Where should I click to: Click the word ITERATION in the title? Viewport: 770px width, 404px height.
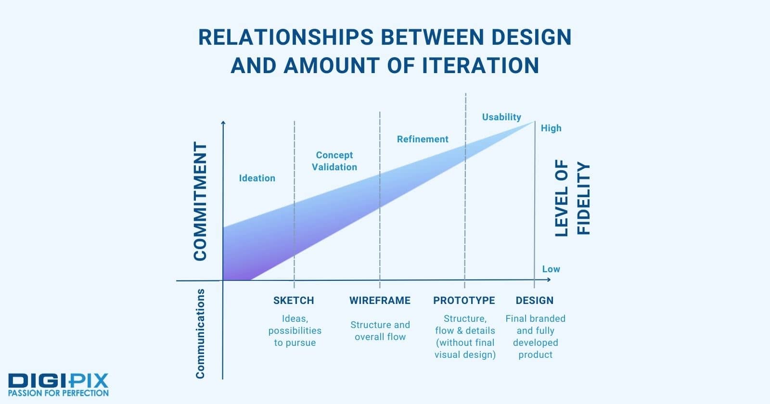(480, 65)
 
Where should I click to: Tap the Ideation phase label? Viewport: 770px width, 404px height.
(257, 178)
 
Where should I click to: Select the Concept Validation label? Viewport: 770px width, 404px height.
(334, 161)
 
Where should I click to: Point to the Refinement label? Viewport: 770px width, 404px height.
(423, 139)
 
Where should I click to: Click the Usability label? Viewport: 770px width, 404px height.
(501, 117)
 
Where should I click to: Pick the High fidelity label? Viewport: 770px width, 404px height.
(551, 128)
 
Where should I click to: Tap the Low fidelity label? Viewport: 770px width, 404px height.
(551, 269)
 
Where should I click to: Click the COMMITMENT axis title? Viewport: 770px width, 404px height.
(200, 201)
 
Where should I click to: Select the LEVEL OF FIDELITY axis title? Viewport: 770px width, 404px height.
(572, 198)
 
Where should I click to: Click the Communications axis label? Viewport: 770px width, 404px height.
(200, 334)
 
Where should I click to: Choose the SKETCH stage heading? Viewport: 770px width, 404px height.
(294, 301)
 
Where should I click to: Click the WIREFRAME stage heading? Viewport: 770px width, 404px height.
(380, 301)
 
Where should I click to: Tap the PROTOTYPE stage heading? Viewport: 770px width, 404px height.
(464, 301)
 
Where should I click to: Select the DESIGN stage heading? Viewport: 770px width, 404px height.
(535, 301)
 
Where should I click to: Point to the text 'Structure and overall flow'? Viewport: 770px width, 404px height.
(380, 331)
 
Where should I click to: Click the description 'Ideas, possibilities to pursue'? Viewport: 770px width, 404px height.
(295, 330)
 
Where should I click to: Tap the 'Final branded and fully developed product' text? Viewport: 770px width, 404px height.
(535, 337)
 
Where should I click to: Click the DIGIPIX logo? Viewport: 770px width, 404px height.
(58, 385)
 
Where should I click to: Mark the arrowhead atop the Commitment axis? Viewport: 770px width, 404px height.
(223, 123)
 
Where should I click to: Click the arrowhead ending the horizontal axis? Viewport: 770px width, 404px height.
(549, 279)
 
